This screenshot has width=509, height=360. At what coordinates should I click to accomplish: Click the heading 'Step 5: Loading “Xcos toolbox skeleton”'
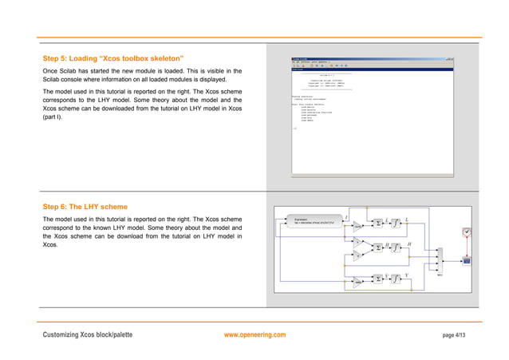113,59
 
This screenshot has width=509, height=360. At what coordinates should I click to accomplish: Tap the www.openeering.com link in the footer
255,334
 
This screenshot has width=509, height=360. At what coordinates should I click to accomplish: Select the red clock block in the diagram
467,232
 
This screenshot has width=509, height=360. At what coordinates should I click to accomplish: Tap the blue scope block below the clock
468,260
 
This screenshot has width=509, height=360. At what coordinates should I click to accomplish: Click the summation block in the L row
378,224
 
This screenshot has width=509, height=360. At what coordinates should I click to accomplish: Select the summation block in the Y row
377,279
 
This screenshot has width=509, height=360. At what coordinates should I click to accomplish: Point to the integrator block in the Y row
396,279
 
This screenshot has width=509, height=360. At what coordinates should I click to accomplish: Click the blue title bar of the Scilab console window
372,58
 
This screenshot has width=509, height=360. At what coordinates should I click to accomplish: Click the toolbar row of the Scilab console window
372,66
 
